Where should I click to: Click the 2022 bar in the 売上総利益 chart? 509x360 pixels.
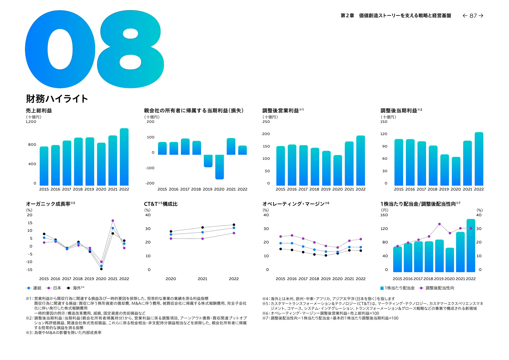point(124,157)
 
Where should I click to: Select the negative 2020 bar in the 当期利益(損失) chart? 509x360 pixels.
point(219,167)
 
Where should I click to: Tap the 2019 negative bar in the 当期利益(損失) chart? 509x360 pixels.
point(208,161)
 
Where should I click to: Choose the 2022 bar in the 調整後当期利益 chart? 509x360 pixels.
point(479,159)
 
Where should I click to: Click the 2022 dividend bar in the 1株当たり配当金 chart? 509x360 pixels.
point(471,246)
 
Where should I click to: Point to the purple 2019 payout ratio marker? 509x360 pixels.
point(439,224)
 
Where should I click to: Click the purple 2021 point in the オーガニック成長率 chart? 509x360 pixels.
point(113,221)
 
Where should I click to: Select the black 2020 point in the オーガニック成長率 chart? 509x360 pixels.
point(101,269)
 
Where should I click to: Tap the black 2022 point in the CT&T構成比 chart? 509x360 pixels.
point(234,225)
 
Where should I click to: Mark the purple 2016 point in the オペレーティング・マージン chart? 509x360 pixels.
point(292,235)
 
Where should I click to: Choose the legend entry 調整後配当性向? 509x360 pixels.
point(440,288)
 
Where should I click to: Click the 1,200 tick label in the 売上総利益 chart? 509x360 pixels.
point(31,122)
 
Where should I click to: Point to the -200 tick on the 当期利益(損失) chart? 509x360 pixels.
point(150,183)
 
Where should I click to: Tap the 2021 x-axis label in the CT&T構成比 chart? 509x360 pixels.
point(202,279)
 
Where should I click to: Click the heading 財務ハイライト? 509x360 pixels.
point(57,99)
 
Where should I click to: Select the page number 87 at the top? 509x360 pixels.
point(473,16)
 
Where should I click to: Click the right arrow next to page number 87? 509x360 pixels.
point(481,16)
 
